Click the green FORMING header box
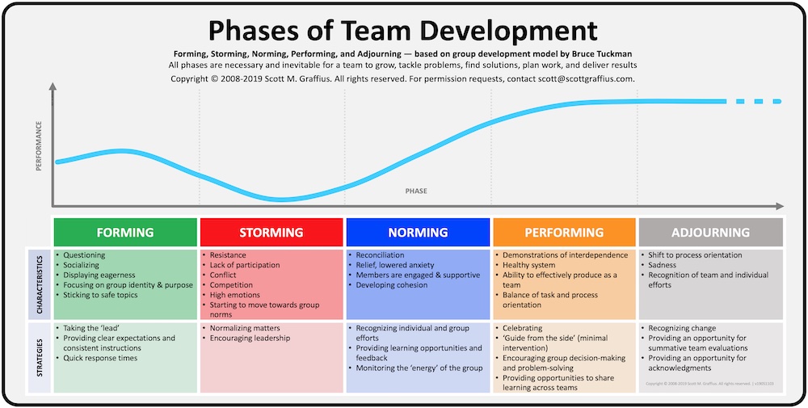click(125, 233)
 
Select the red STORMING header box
click(272, 233)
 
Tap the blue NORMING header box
click(418, 233)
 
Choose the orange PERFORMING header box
click(564, 233)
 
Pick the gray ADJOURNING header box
click(710, 233)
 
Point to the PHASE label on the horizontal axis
click(416, 191)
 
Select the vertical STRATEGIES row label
click(39, 357)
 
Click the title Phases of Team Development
click(403, 30)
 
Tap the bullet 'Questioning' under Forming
click(84, 255)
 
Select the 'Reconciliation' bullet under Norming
click(383, 255)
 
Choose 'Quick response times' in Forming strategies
click(100, 358)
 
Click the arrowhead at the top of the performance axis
click(53, 87)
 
